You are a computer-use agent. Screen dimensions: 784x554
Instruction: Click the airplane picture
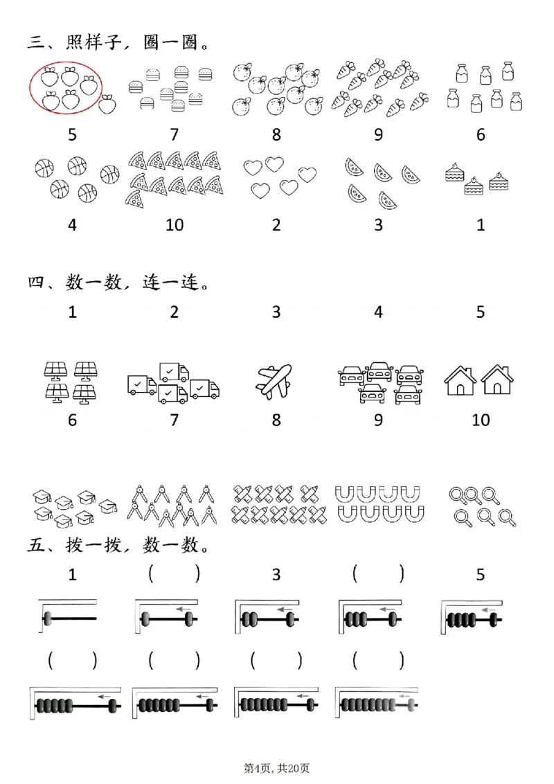tap(276, 382)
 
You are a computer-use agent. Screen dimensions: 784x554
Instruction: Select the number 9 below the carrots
tap(378, 134)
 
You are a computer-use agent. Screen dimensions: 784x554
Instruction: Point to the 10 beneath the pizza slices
tap(175, 225)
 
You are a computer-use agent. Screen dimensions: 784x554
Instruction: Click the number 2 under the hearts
tap(276, 225)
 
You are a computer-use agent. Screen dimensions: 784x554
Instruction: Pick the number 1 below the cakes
tap(481, 225)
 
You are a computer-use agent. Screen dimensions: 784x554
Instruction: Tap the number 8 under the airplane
tap(276, 420)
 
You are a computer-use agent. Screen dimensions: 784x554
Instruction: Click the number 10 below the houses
tap(481, 420)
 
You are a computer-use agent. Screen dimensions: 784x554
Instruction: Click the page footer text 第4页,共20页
tap(276, 767)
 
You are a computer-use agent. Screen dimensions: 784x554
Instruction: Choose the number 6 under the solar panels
tap(73, 420)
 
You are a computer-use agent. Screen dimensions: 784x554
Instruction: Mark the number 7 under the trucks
tap(174, 420)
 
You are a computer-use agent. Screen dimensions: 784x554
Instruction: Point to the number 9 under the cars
tap(378, 420)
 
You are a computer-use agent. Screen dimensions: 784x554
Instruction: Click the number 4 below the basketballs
tap(73, 225)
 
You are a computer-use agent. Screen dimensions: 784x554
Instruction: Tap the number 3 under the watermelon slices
tap(378, 225)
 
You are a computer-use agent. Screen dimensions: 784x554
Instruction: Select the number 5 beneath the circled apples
tap(73, 134)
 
